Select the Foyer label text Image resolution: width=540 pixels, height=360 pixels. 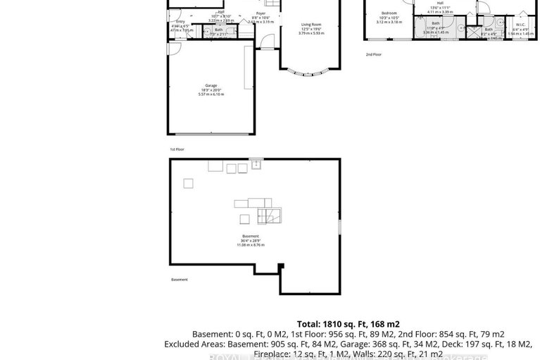click(261, 13)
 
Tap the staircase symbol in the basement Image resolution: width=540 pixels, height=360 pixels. click(268, 214)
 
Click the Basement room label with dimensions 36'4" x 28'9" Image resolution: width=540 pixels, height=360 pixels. click(251, 238)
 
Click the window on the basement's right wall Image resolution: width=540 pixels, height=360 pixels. click(339, 228)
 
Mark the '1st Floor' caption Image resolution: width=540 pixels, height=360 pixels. click(177, 149)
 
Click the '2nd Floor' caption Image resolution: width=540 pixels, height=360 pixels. click(373, 54)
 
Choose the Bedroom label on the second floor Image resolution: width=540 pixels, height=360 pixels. click(389, 14)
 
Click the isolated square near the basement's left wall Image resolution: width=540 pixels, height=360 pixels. click(188, 183)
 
